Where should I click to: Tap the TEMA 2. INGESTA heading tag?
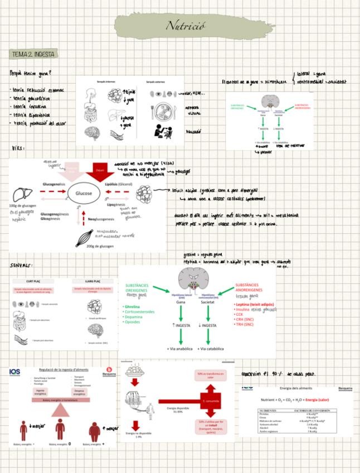click(33, 54)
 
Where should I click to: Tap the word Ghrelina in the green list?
click(132, 306)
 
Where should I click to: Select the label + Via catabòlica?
click(211, 349)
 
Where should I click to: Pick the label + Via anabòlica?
click(179, 349)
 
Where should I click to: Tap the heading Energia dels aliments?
click(296, 388)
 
